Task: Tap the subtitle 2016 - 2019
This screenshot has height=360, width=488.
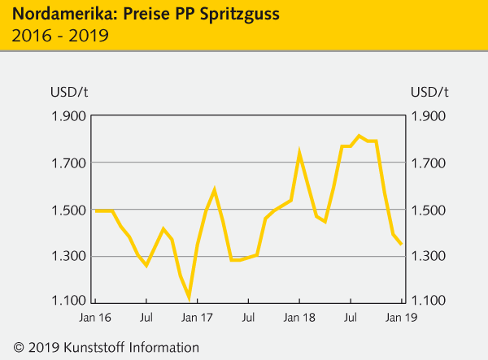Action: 56,36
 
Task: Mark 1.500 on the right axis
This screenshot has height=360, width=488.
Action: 430,210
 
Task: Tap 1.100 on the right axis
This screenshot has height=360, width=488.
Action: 430,303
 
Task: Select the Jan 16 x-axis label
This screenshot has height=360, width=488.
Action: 96,319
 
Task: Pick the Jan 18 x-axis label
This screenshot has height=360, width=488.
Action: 299,319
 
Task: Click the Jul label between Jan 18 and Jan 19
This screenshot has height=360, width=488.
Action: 351,319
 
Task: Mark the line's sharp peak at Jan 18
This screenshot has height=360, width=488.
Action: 299,152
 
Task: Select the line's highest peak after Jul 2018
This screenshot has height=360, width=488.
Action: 359,136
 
